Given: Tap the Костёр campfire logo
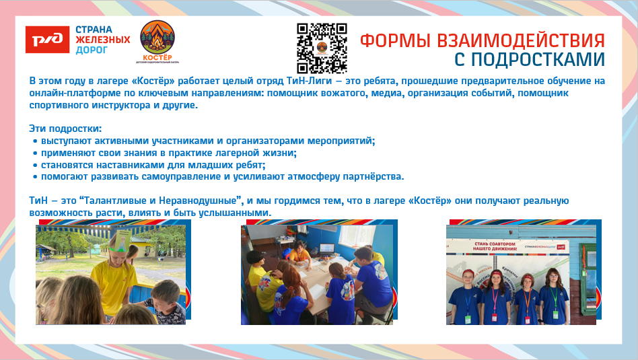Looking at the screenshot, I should [x=156, y=41].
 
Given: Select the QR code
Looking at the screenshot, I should [x=321, y=48].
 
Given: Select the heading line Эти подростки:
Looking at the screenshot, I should [x=65, y=128].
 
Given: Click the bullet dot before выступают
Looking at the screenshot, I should [x=35, y=141].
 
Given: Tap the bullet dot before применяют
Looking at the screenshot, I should [x=35, y=153].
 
